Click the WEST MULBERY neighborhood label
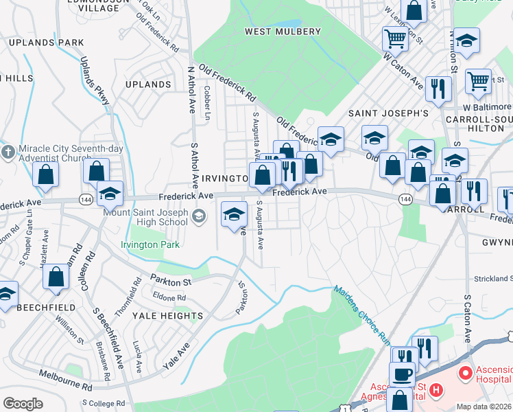pos(283,32)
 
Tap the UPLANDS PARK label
pos(47,43)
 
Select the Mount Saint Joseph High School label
pos(145,217)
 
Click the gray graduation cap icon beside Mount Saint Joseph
pos(199,218)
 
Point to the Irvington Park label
pos(150,244)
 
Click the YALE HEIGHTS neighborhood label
pos(169,317)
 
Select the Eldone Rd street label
pos(171,298)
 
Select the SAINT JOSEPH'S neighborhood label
pos(389,113)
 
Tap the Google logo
pos(23,404)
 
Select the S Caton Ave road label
pos(467,319)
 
